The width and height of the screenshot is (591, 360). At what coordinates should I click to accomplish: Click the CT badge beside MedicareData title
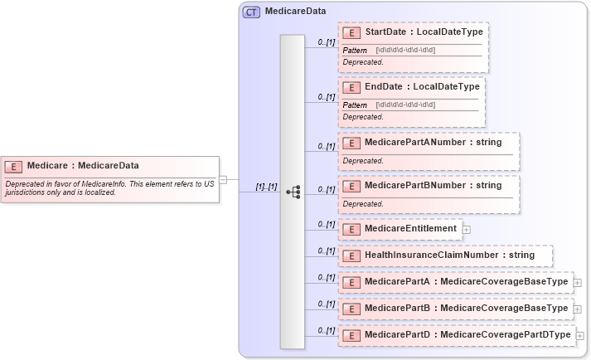coord(251,12)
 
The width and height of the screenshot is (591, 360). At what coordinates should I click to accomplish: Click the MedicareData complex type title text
coord(295,12)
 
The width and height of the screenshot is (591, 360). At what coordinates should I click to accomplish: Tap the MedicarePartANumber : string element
coord(433,142)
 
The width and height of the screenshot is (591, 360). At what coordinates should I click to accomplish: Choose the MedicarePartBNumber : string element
coord(433,185)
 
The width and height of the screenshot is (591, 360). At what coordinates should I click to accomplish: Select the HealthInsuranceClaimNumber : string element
coord(449,255)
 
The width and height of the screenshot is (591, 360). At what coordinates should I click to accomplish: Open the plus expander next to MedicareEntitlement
coord(467,229)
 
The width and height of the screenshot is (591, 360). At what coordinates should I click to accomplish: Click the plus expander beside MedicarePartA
coord(578,282)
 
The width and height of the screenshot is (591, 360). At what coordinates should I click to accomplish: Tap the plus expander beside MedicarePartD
coord(580,335)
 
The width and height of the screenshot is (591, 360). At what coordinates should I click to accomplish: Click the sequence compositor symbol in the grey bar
coord(293,191)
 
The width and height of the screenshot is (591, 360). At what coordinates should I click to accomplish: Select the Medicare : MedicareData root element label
coord(83,165)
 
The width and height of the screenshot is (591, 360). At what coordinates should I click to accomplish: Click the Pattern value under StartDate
coord(405,50)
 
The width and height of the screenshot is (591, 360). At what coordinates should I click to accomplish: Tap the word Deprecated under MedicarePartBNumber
coord(363,203)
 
